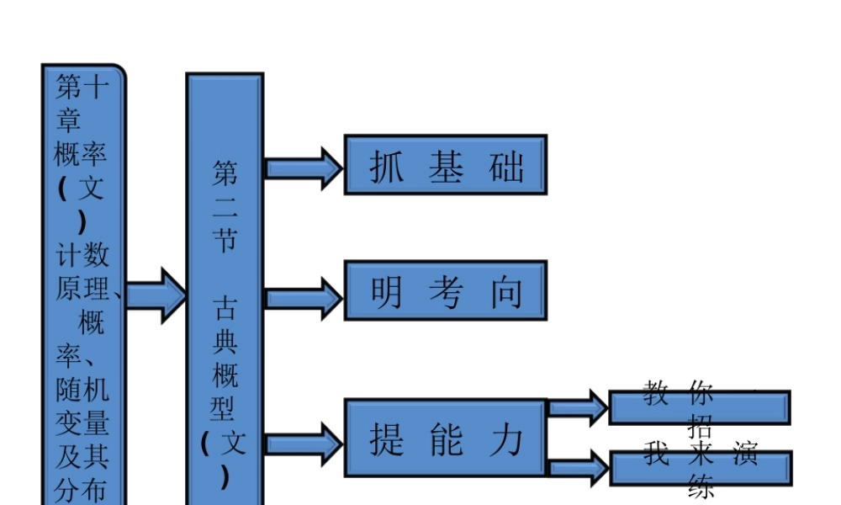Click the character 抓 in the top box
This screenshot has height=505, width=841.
[387, 167]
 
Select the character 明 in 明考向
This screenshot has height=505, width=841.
[387, 292]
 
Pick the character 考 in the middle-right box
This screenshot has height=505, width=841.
[446, 292]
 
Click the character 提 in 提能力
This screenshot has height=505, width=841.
[387, 439]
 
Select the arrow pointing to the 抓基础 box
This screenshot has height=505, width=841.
[304, 167]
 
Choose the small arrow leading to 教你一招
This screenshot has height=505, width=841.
[578, 408]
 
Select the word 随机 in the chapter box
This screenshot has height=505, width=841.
[82, 389]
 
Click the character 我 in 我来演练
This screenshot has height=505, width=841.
[656, 453]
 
